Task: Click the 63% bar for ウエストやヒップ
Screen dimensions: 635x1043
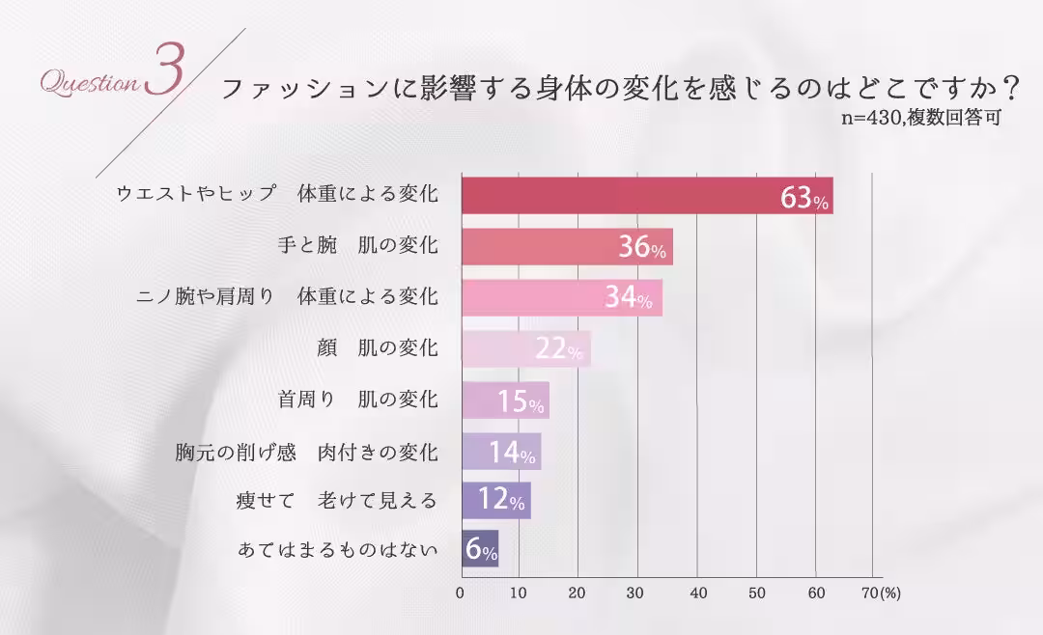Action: point(647,195)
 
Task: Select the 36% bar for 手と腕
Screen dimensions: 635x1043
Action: point(567,247)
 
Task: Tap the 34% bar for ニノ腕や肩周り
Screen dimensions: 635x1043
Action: point(561,298)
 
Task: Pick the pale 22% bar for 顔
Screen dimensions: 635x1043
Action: point(525,349)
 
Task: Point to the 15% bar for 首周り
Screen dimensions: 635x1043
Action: point(505,400)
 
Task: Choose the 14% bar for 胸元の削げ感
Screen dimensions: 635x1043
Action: point(501,451)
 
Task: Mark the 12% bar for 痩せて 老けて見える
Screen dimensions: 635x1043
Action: point(496,501)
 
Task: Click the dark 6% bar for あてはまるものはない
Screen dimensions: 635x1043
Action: point(480,551)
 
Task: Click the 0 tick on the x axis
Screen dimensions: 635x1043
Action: point(461,593)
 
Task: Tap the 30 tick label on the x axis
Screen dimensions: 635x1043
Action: point(637,593)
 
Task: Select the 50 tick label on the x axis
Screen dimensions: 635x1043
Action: point(757,593)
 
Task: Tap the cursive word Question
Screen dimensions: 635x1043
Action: point(89,84)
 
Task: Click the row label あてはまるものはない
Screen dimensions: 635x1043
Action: point(337,551)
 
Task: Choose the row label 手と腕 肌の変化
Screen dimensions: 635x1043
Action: point(357,246)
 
